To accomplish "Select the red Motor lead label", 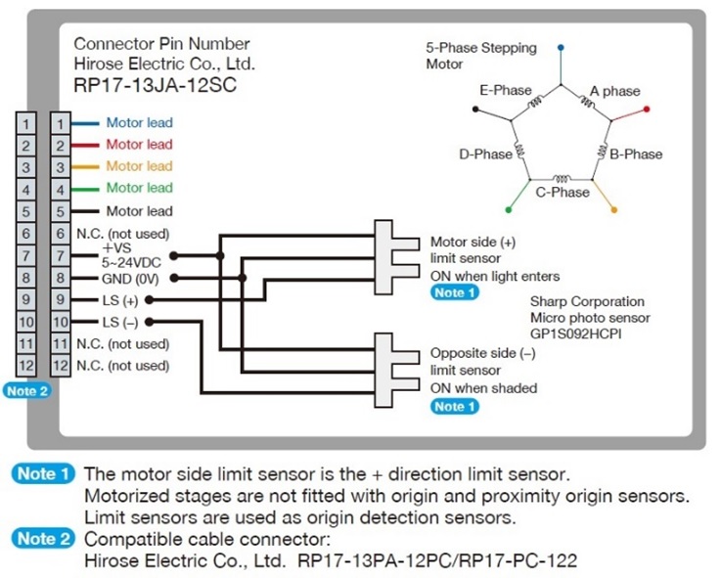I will (139, 145).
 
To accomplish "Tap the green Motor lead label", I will (139, 188).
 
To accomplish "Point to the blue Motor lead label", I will (139, 123).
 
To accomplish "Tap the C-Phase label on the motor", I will (563, 193).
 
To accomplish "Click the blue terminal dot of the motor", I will (561, 46).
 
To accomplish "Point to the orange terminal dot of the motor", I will (613, 209).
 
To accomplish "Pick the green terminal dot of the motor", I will (508, 209).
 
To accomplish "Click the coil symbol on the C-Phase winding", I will (561, 179).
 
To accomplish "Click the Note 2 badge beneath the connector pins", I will (26, 390).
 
